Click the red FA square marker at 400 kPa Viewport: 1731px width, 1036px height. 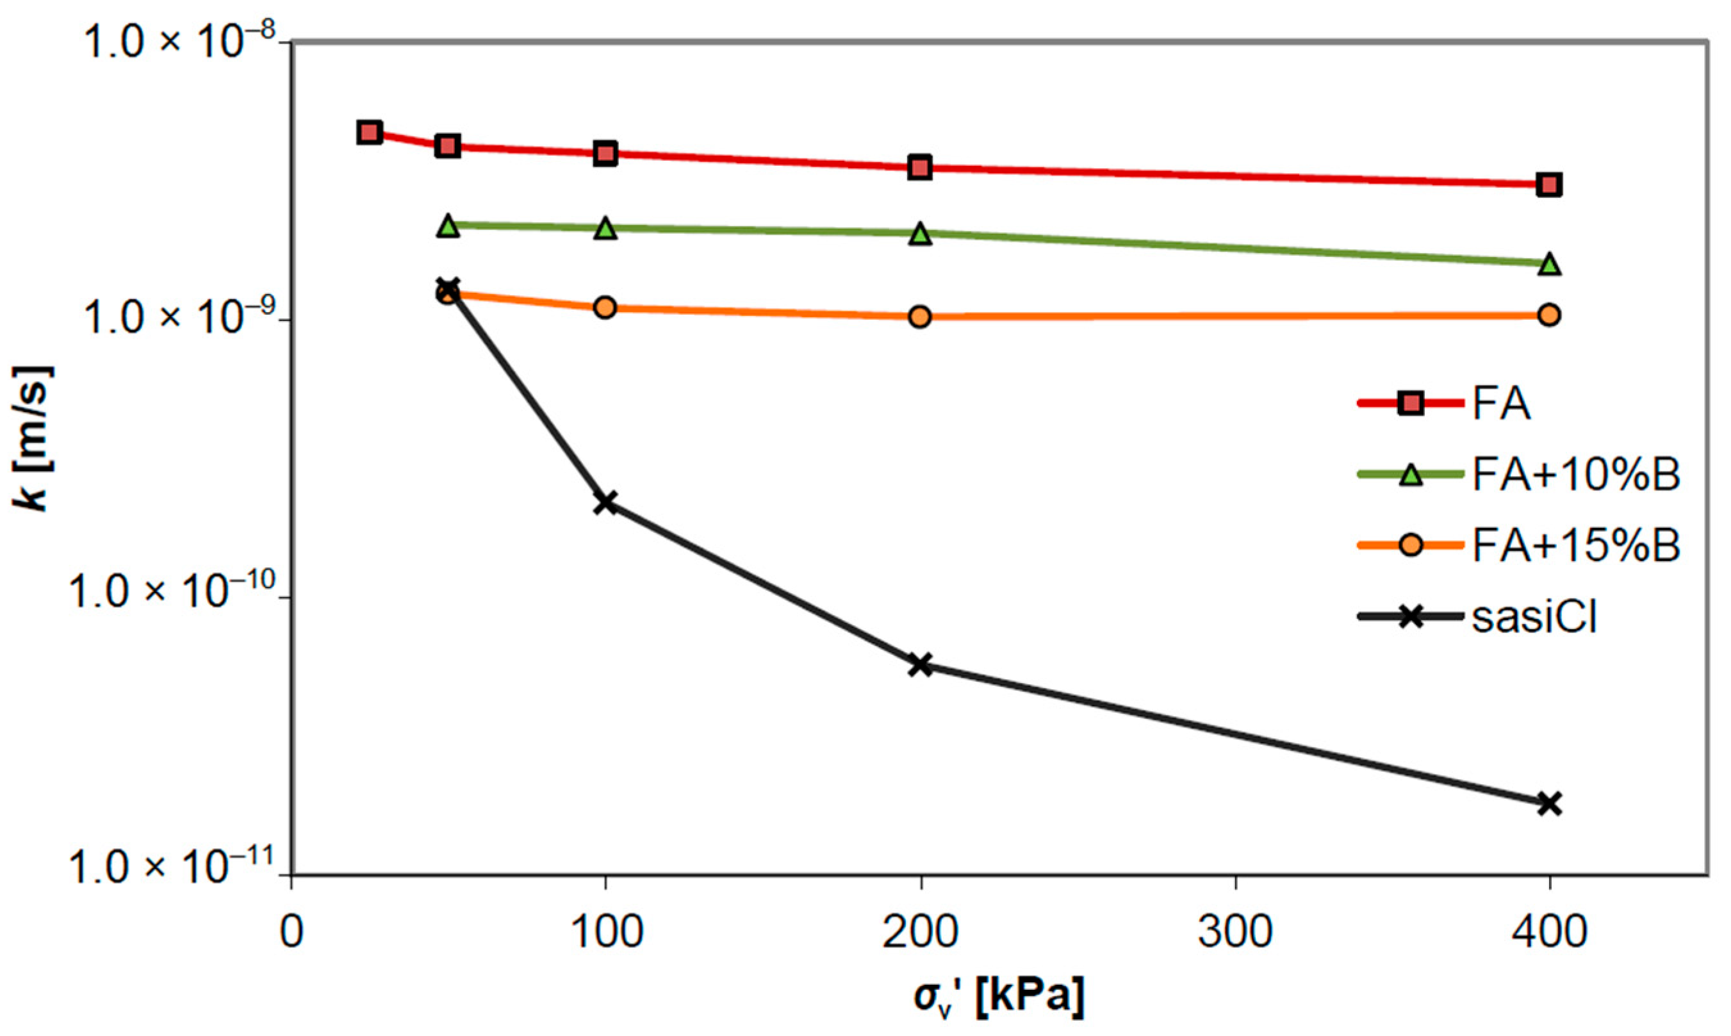point(1550,185)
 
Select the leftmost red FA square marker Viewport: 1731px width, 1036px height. point(369,132)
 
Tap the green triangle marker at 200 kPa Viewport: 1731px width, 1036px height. point(921,234)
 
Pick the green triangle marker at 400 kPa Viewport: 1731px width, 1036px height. point(1550,265)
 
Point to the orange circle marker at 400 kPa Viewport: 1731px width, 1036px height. point(1550,315)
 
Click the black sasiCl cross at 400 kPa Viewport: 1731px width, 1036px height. point(1550,803)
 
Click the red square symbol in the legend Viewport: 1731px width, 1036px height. point(1411,404)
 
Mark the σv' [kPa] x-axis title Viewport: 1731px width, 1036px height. point(998,999)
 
